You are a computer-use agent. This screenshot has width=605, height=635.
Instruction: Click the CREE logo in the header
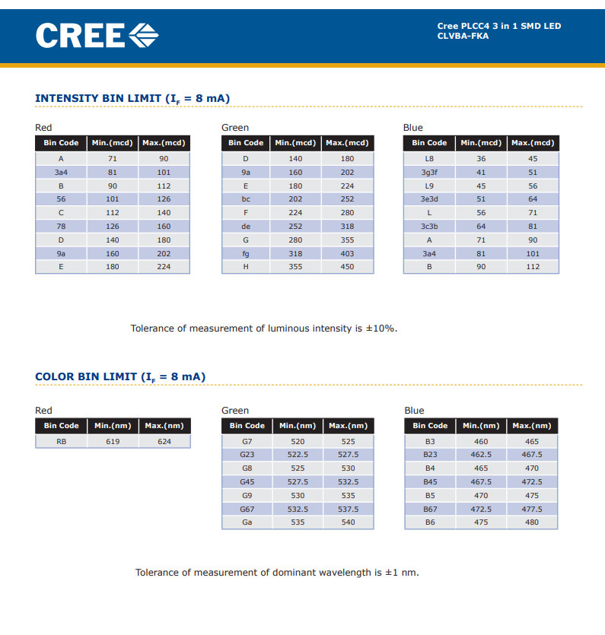97,36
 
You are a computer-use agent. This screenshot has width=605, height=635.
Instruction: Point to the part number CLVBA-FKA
463,36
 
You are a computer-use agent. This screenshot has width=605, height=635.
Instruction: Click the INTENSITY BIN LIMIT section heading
132,99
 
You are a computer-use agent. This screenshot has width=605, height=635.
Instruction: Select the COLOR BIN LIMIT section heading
120,377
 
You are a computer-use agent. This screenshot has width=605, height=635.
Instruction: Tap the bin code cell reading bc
246,199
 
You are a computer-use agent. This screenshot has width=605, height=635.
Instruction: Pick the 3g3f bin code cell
429,173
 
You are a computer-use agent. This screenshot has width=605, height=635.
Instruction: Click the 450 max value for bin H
347,267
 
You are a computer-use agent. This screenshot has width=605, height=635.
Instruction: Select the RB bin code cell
61,441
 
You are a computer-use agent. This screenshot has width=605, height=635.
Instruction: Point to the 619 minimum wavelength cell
113,441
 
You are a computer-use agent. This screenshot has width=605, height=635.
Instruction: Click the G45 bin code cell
247,482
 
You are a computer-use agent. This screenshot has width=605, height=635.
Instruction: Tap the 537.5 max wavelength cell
348,509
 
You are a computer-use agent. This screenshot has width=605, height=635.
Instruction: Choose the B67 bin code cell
430,509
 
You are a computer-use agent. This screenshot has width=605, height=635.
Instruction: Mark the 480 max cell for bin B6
532,522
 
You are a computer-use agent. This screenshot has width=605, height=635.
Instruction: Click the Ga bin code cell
247,522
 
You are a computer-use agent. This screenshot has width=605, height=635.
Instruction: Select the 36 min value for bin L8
481,159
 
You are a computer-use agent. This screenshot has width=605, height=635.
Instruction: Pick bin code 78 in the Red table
61,227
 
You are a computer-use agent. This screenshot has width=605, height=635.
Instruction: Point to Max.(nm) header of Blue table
532,426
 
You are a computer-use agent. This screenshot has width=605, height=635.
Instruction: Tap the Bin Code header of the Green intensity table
246,144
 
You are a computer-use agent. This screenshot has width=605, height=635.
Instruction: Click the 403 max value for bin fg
347,253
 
